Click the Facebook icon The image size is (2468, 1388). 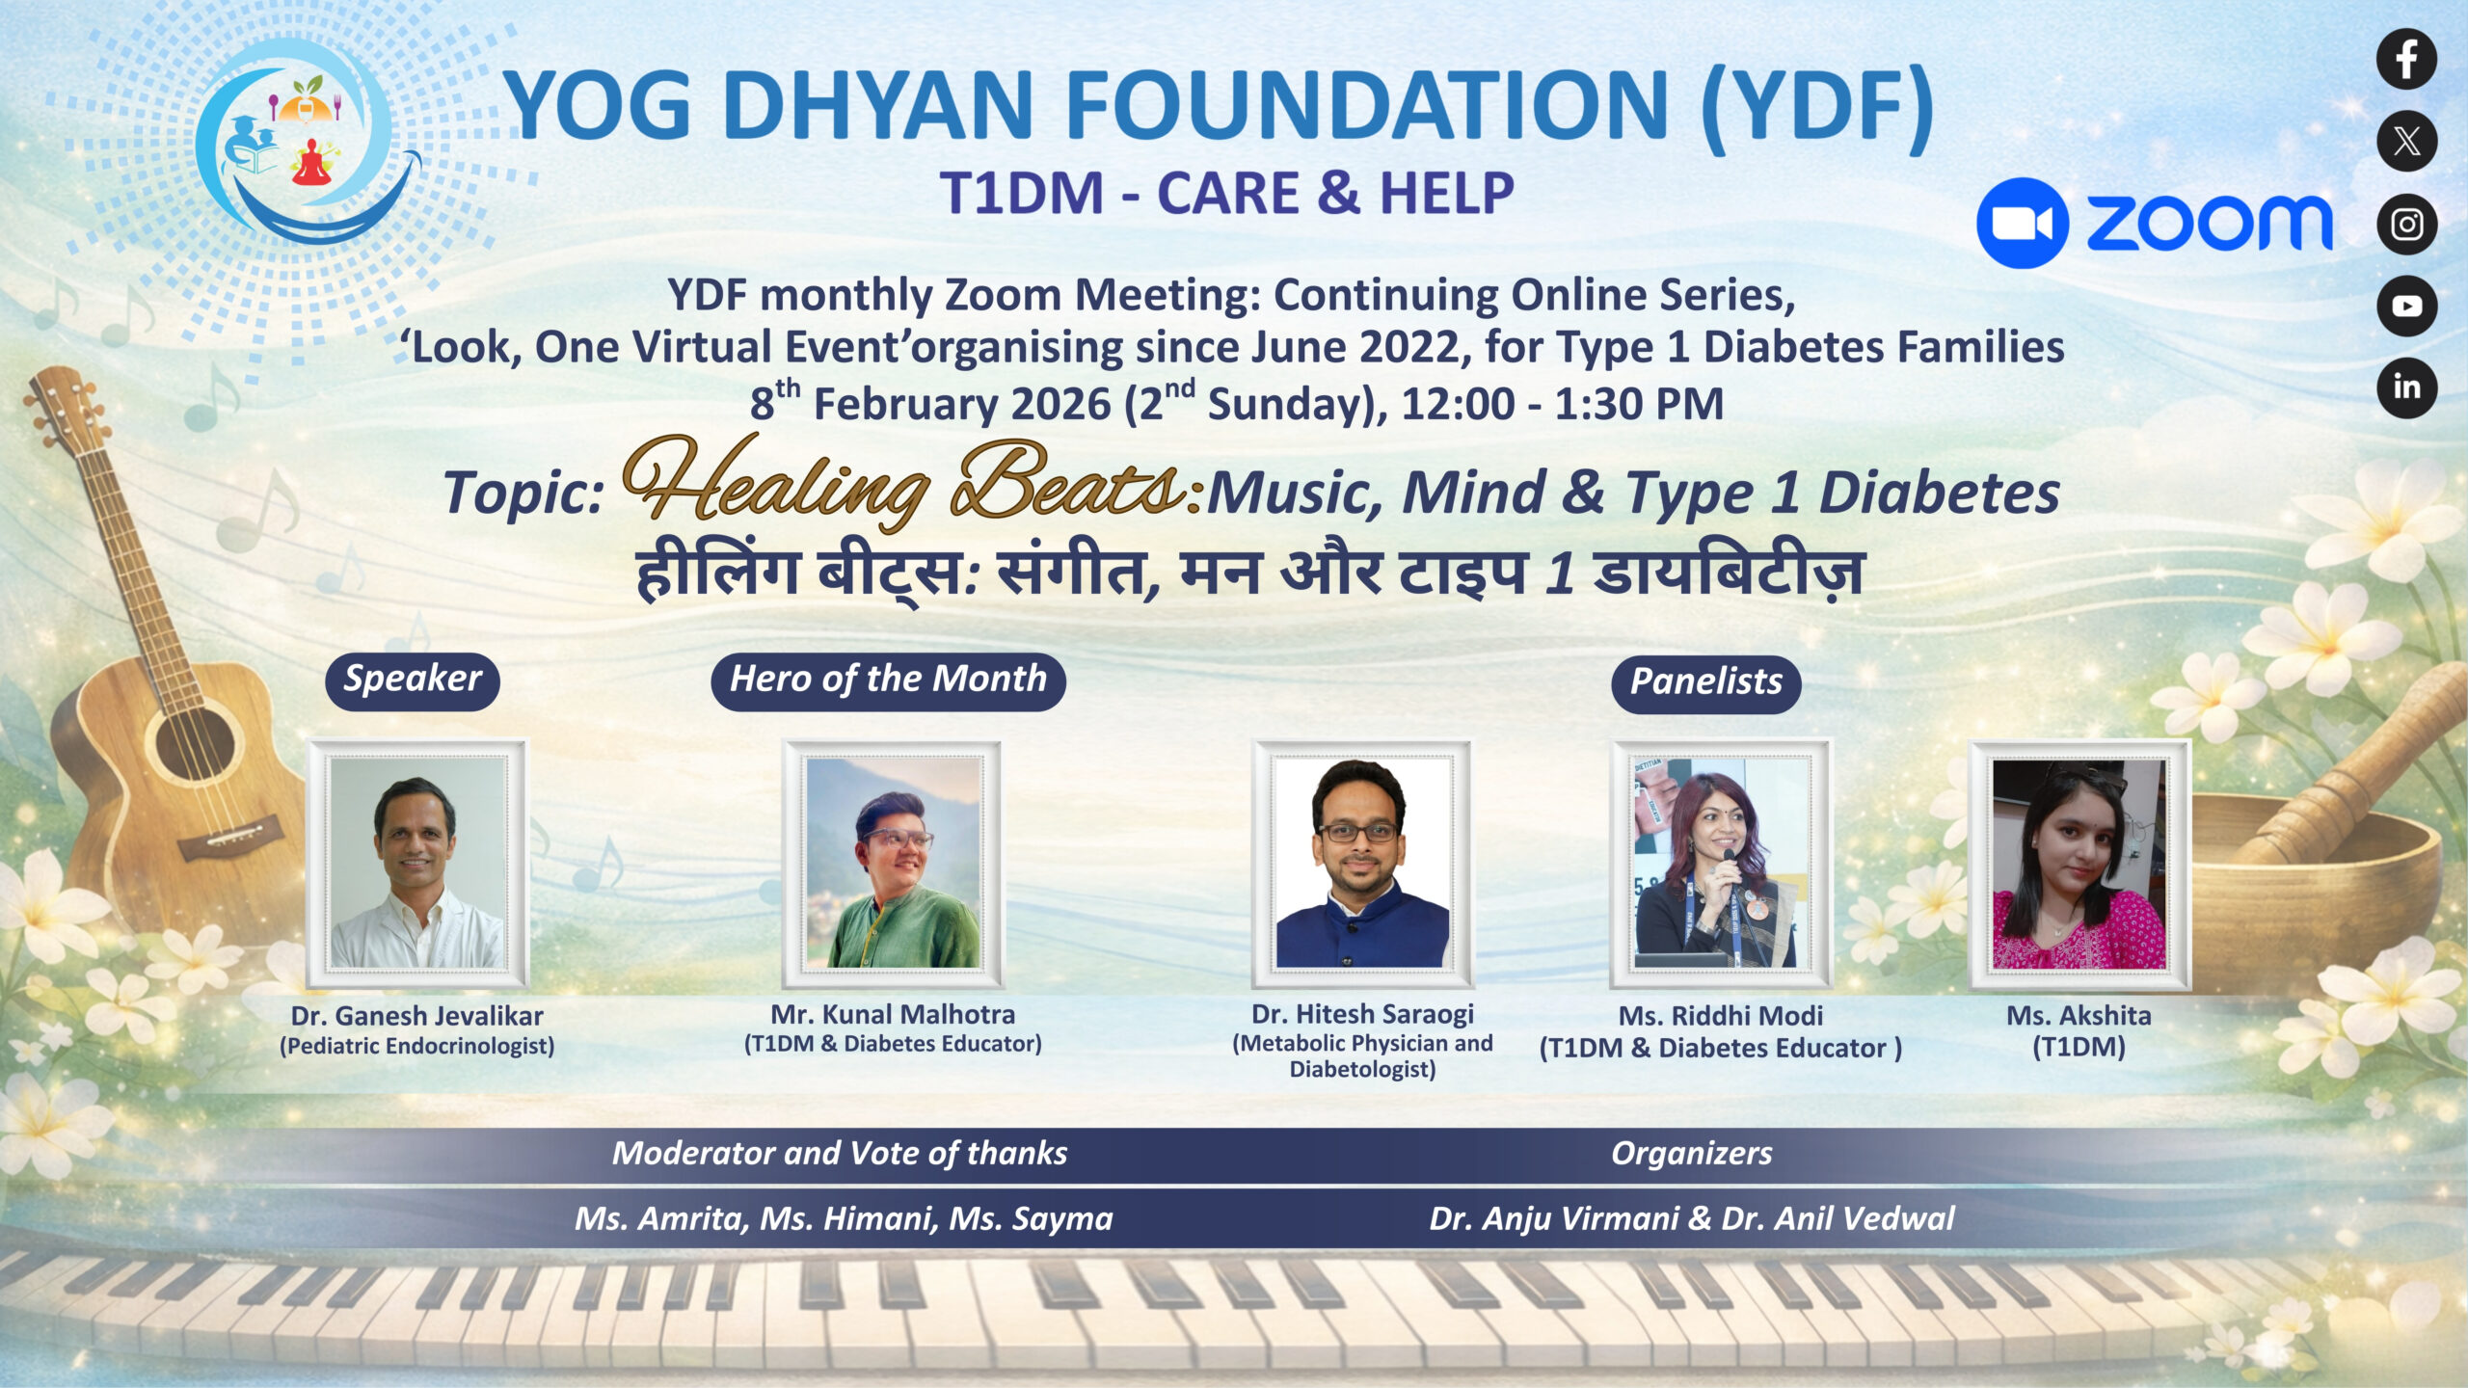click(x=2406, y=59)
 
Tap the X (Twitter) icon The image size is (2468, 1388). click(x=2406, y=142)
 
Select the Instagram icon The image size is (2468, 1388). click(x=2406, y=224)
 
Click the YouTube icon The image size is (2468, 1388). click(x=2406, y=306)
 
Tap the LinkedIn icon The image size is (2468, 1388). click(x=2406, y=387)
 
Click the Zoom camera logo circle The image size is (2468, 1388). click(x=2022, y=223)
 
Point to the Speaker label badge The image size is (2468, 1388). click(x=413, y=681)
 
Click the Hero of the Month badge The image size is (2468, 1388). click(x=888, y=681)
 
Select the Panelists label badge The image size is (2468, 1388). click(x=1705, y=683)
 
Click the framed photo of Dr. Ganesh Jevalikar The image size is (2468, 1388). click(x=417, y=863)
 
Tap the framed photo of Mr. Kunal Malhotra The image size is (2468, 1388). click(x=893, y=863)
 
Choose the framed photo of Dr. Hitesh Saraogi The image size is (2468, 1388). click(x=1362, y=863)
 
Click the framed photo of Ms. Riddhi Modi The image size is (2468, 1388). click(x=1721, y=863)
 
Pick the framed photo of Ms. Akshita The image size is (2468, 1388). click(x=2079, y=863)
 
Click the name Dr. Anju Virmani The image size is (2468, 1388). click(x=1554, y=1218)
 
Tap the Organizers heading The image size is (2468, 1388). click(x=1691, y=1153)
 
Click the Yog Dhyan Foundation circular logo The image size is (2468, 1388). click(x=307, y=143)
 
